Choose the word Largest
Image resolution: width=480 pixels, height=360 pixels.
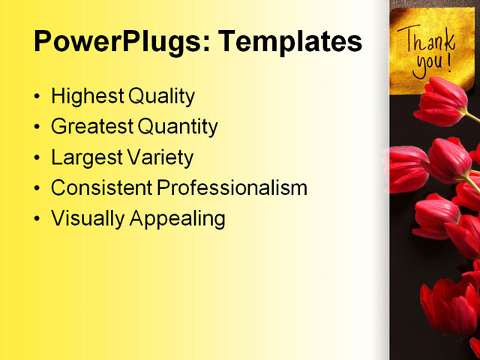pyautogui.click(x=84, y=158)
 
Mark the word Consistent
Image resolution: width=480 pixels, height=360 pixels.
pyautogui.click(x=100, y=188)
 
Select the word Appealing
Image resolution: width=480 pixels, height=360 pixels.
pyautogui.click(x=178, y=219)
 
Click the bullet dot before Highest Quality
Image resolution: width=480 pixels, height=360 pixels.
pyautogui.click(x=38, y=97)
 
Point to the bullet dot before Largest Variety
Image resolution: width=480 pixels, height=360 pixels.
pyautogui.click(x=38, y=159)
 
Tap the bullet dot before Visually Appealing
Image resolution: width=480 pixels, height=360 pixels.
pyautogui.click(x=38, y=220)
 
